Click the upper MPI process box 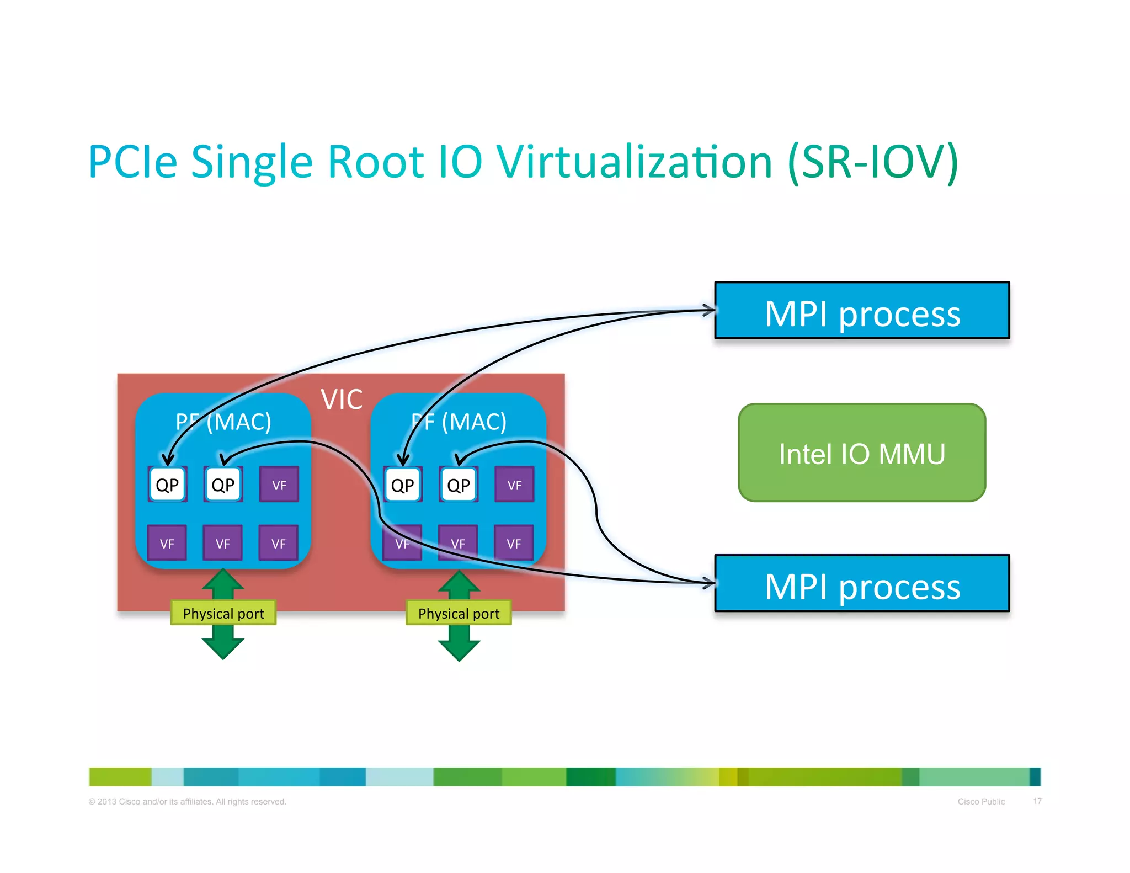(x=861, y=311)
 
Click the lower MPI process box (x=861, y=583)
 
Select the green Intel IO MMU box (x=861, y=453)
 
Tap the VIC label (x=342, y=400)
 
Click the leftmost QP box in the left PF (x=167, y=485)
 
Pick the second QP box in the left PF (x=223, y=485)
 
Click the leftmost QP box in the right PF (x=402, y=485)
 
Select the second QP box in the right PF (x=459, y=485)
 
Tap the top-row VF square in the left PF (x=279, y=485)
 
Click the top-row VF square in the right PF (x=514, y=485)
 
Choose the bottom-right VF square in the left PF (x=279, y=543)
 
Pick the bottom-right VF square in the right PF (x=514, y=543)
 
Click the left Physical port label (x=223, y=613)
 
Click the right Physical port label (x=459, y=613)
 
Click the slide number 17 (x=1037, y=801)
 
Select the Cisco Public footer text (x=981, y=801)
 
